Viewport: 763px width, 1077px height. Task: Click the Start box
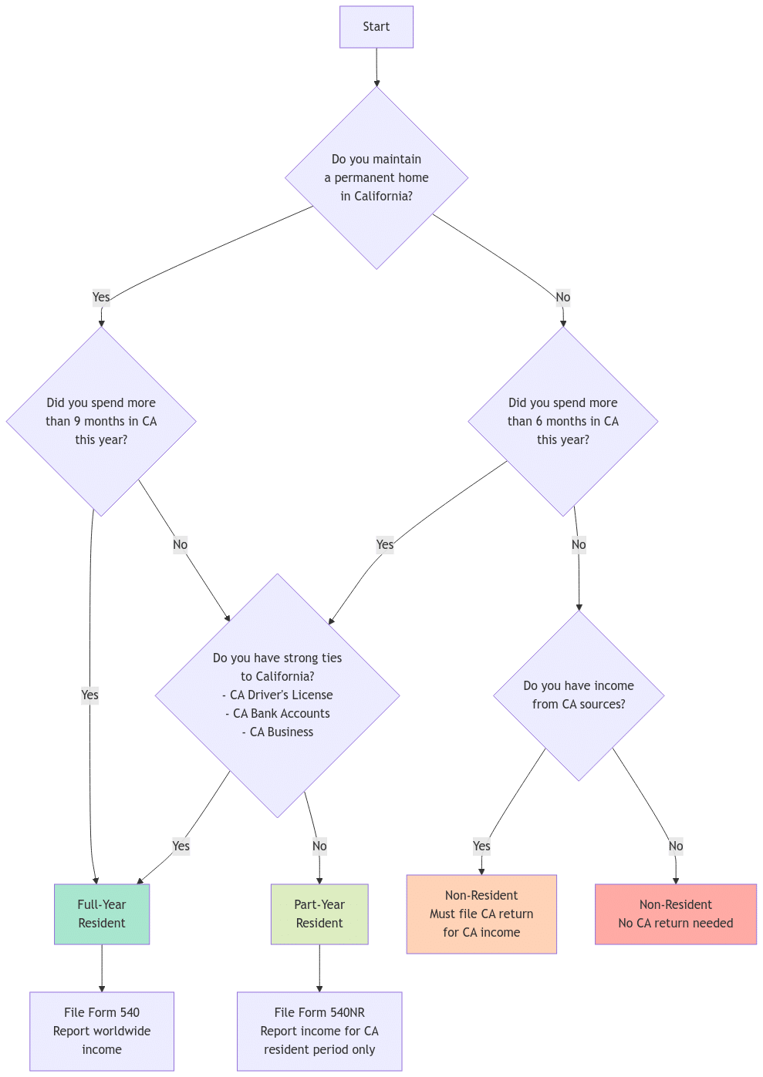(376, 27)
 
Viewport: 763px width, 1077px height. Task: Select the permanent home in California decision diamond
(376, 177)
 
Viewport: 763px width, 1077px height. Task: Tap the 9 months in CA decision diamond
(101, 421)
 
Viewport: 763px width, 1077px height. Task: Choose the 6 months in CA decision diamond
(563, 421)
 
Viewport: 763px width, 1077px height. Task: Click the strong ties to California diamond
(278, 695)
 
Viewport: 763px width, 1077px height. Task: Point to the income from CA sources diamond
(579, 695)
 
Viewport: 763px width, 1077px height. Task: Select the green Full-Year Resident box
(102, 914)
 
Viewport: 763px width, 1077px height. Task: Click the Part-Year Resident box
(319, 914)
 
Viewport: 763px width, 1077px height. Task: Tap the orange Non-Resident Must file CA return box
(481, 914)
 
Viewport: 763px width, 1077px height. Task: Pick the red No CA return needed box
(676, 914)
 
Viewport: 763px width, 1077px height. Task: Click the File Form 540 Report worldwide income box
(102, 1031)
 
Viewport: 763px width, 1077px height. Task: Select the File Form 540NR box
(319, 1031)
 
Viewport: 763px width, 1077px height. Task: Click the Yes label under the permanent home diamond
(101, 297)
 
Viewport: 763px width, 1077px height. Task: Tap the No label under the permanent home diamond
(563, 297)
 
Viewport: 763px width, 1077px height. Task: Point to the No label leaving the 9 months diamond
(180, 544)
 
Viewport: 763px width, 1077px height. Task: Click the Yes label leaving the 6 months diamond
(384, 544)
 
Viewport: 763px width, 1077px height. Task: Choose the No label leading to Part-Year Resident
(319, 846)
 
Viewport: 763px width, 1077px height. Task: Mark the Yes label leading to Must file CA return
(481, 846)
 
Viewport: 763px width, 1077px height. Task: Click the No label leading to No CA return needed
(676, 846)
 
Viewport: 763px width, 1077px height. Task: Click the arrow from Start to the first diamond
(376, 67)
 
